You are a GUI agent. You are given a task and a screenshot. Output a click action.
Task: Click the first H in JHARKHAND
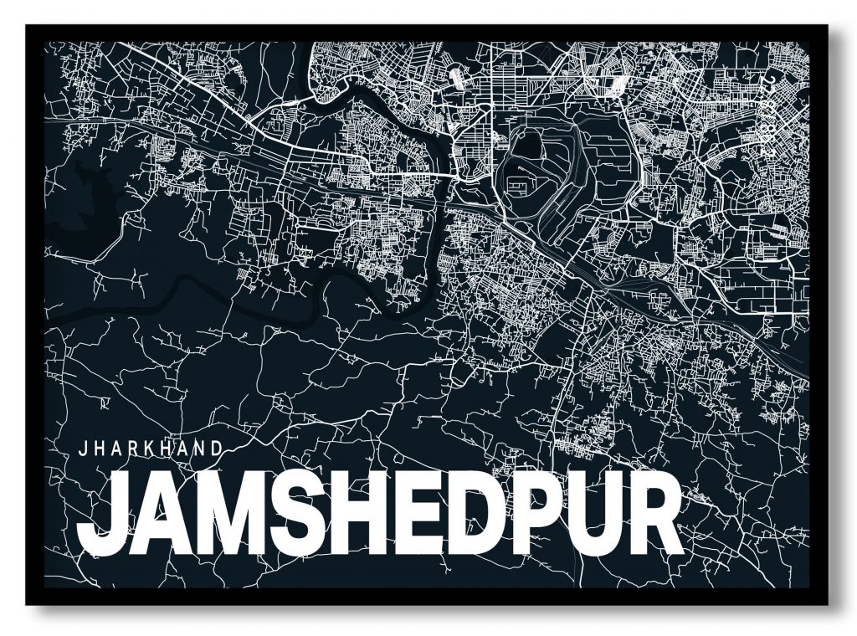coord(97,448)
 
